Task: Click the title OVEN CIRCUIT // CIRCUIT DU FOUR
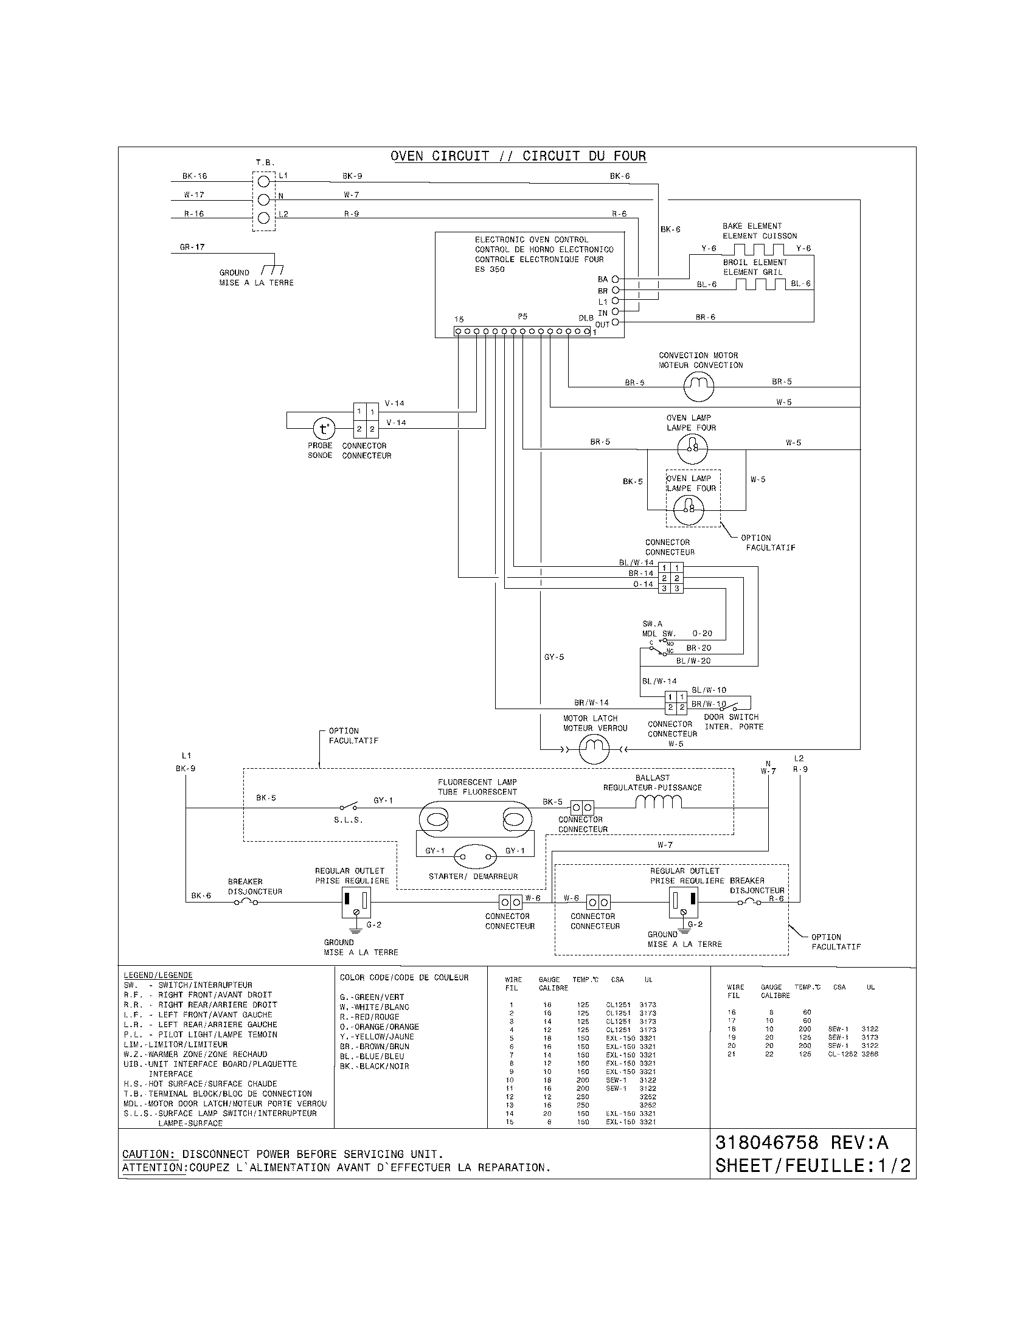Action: tap(518, 156)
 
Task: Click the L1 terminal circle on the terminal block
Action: tap(264, 181)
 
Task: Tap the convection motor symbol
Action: tap(698, 386)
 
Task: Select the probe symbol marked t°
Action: tap(324, 428)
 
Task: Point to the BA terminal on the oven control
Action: tap(615, 279)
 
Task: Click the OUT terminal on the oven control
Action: tap(615, 323)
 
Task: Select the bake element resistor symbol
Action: tap(759, 249)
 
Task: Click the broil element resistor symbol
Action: tap(760, 284)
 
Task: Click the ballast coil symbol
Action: tap(659, 802)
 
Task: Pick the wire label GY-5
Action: tap(553, 657)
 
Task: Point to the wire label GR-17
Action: tap(192, 247)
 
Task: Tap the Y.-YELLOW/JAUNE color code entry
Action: tap(376, 1036)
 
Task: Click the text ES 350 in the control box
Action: tap(490, 269)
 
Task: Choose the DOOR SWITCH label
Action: tap(730, 717)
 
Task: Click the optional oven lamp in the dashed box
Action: tap(689, 509)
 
